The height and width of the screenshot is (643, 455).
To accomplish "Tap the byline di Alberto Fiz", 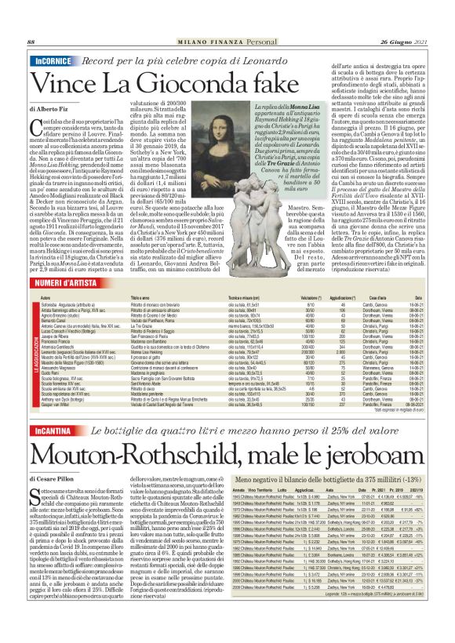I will (50, 110).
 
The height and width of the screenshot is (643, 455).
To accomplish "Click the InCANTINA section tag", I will (53, 432).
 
